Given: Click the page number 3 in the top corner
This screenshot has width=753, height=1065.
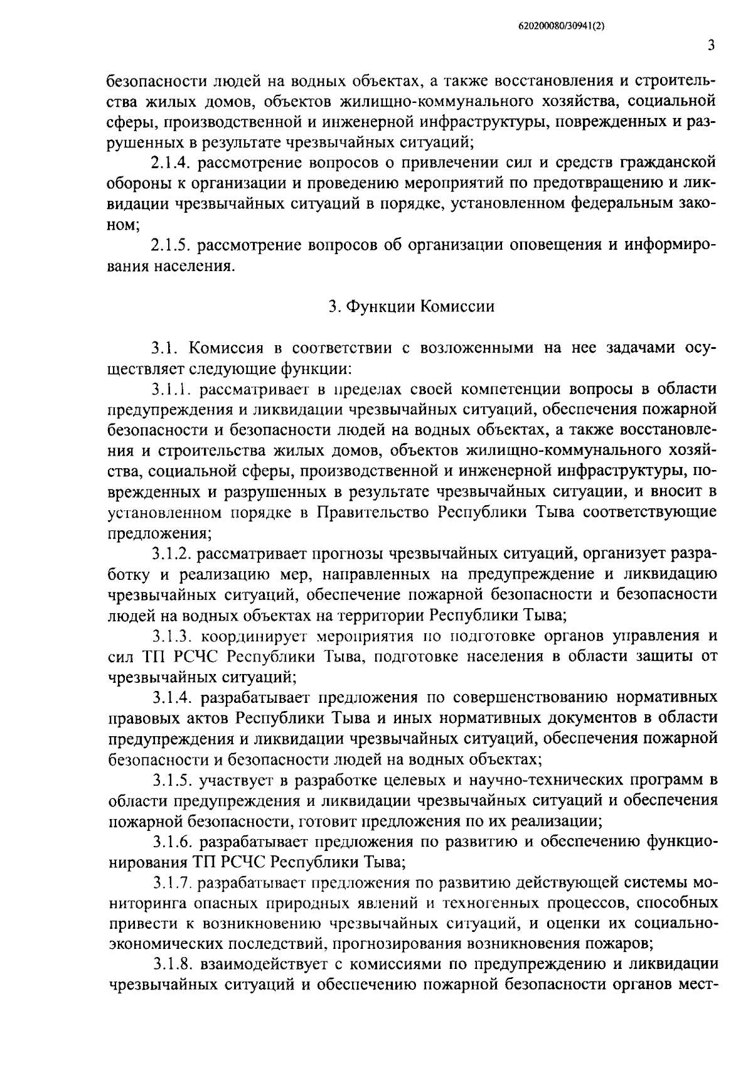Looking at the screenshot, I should (x=711, y=45).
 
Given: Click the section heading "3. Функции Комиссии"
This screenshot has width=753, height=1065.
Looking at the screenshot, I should (x=412, y=307).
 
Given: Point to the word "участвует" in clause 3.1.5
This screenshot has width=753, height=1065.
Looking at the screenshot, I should (x=235, y=780).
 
